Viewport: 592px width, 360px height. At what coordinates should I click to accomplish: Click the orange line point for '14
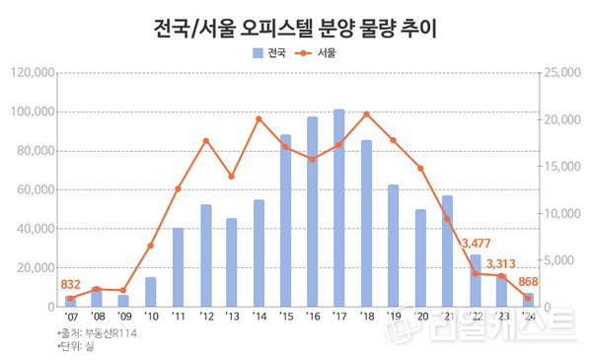(x=259, y=119)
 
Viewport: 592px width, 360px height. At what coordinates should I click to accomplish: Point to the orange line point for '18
(x=366, y=114)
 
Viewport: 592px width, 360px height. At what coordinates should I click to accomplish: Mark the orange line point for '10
(x=151, y=246)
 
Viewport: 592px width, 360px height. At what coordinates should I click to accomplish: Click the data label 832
(x=71, y=284)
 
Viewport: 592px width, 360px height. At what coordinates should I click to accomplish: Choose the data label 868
(x=528, y=282)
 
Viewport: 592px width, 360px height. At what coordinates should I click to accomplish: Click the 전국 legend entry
(x=269, y=54)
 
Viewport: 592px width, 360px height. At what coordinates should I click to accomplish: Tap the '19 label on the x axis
(x=394, y=318)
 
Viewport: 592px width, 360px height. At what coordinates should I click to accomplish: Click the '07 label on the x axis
(x=70, y=318)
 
